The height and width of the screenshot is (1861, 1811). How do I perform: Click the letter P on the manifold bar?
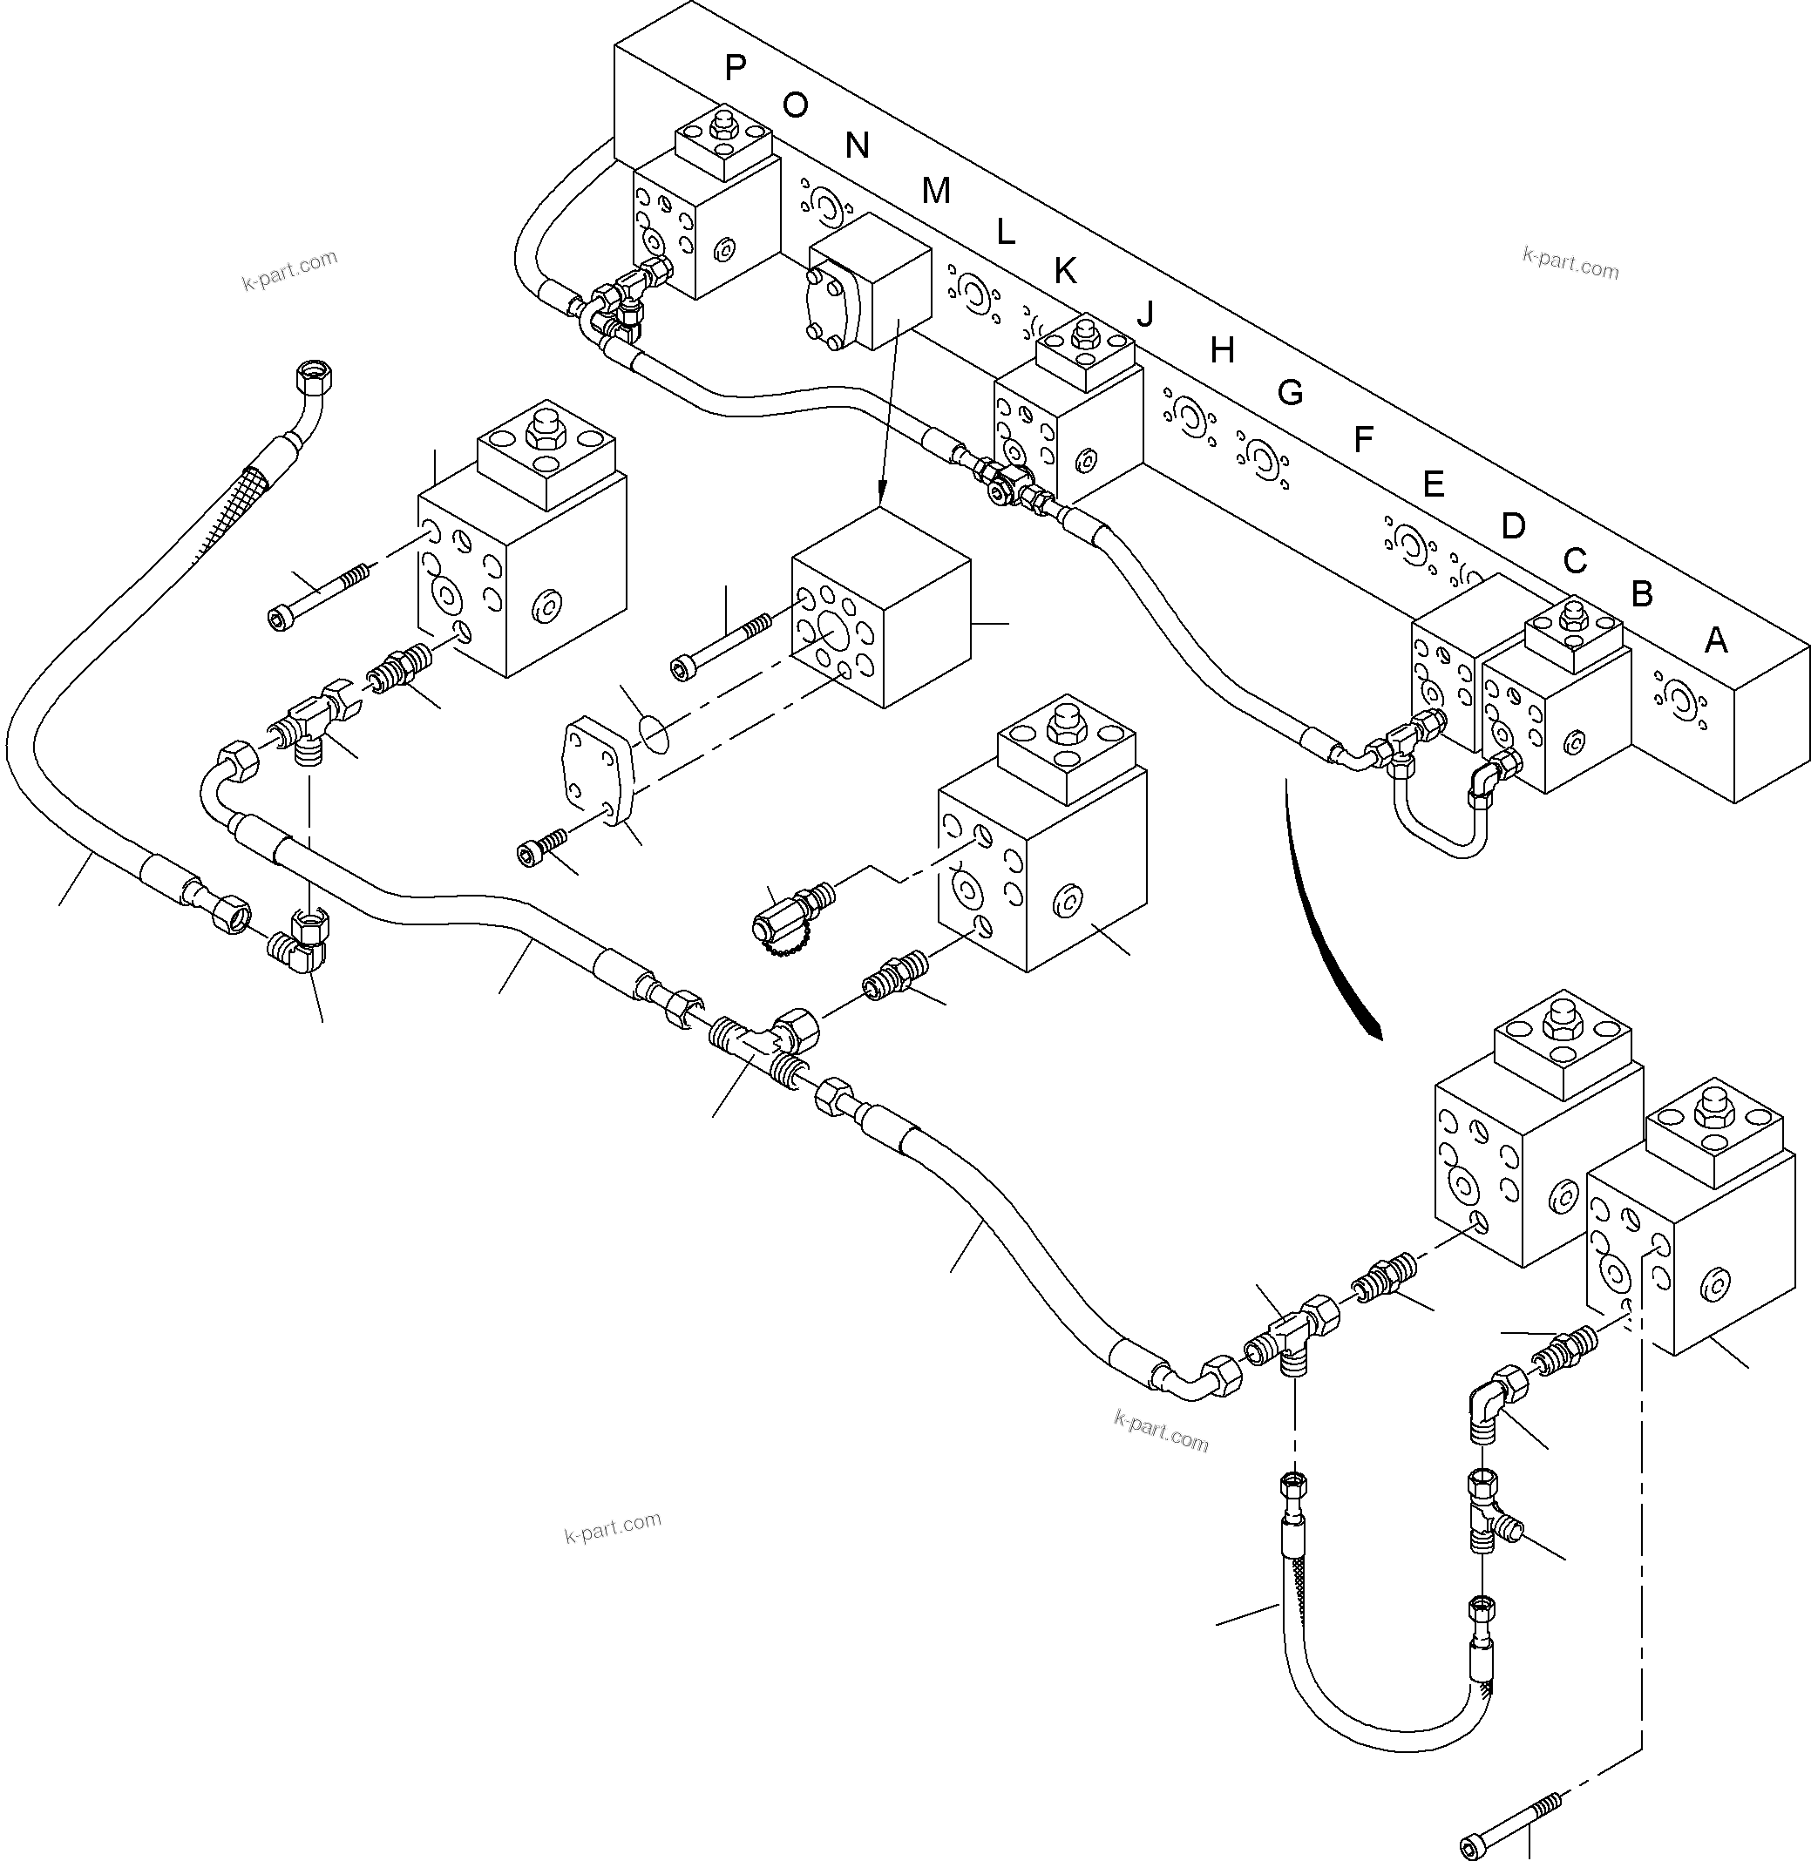(735, 69)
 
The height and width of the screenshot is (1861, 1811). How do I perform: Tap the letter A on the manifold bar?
(1715, 641)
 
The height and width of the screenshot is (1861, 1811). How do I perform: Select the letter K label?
(1065, 272)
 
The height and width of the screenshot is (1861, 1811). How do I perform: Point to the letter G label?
(1289, 393)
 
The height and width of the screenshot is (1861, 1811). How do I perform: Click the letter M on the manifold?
(936, 192)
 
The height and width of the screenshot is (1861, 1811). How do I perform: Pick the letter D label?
(1512, 526)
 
